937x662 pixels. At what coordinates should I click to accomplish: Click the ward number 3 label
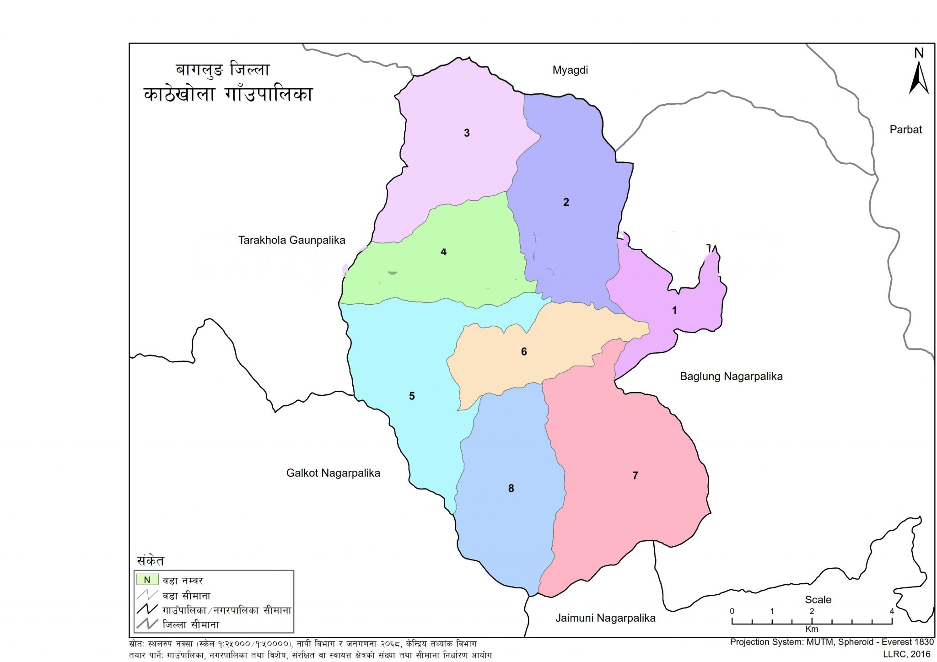pos(467,133)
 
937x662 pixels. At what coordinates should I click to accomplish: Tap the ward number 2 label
pos(566,202)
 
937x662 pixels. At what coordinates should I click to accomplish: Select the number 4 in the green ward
pos(443,252)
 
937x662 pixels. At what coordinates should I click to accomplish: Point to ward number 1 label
pos(674,311)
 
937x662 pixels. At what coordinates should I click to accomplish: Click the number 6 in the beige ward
pos(524,352)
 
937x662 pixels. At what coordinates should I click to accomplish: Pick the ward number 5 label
pos(412,396)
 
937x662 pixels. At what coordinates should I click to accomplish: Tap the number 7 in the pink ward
pos(635,476)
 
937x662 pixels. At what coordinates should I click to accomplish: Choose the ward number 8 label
pos(511,489)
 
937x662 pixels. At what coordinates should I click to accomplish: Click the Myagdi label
pos(570,70)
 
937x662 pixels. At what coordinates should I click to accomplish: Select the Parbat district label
pos(905,130)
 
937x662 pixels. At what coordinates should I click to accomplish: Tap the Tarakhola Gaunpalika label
pos(292,240)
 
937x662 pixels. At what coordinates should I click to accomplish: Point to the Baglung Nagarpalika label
pos(731,377)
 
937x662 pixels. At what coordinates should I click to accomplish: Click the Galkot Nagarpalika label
pos(333,473)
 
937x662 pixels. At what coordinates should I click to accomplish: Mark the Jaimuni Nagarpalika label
pos(605,618)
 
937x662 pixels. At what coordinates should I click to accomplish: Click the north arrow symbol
pos(918,78)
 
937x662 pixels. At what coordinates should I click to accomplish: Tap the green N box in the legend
pos(147,580)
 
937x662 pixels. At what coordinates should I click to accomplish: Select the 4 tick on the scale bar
pos(892,611)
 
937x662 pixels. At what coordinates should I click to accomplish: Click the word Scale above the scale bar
pos(818,600)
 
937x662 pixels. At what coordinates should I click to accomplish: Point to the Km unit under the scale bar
pos(812,629)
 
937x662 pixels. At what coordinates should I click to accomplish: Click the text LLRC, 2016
pos(907,654)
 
